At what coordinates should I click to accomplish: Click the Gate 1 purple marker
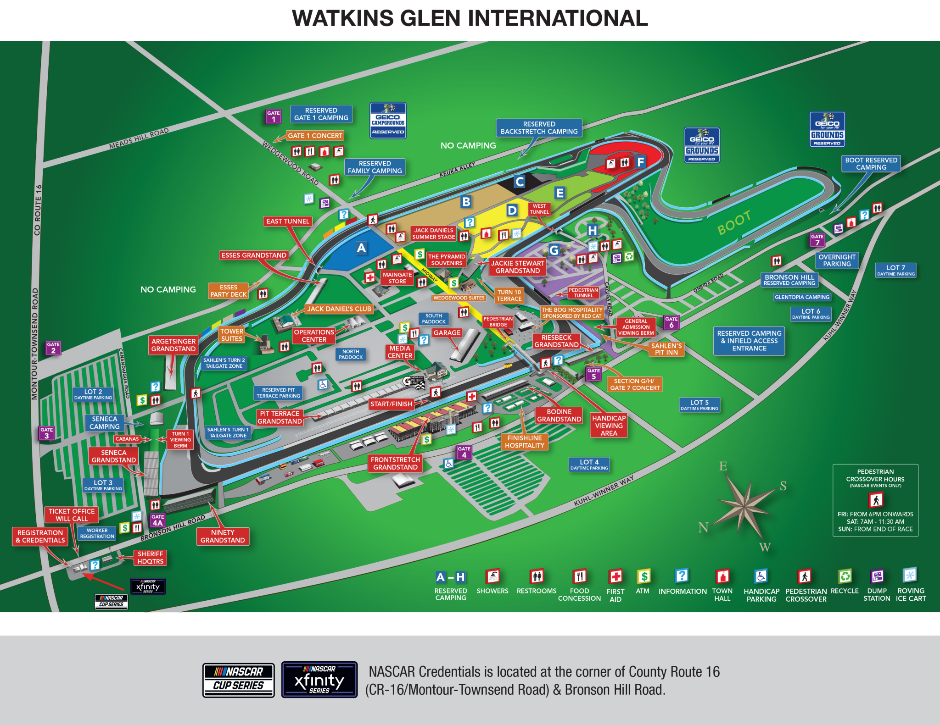point(273,116)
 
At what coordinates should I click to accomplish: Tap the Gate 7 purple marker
point(817,240)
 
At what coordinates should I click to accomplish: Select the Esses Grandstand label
point(254,255)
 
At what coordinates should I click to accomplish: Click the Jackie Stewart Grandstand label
point(517,267)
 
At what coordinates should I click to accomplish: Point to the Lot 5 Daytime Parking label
point(699,405)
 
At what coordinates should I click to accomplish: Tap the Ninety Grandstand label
point(223,536)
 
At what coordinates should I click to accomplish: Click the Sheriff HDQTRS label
point(150,558)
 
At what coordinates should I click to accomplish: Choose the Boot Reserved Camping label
point(871,164)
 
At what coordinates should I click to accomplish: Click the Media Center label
point(400,352)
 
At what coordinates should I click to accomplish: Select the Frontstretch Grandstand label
point(395,463)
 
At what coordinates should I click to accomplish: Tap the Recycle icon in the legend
point(845,576)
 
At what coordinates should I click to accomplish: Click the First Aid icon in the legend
point(615,576)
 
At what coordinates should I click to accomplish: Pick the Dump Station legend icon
point(877,576)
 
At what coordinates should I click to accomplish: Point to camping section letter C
point(519,182)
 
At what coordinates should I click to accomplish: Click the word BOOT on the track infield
point(734,223)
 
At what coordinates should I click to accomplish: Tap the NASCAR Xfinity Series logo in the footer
point(319,680)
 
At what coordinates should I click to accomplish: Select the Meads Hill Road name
point(139,138)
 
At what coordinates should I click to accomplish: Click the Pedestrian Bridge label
point(498,321)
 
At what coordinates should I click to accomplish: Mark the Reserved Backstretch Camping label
point(539,128)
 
